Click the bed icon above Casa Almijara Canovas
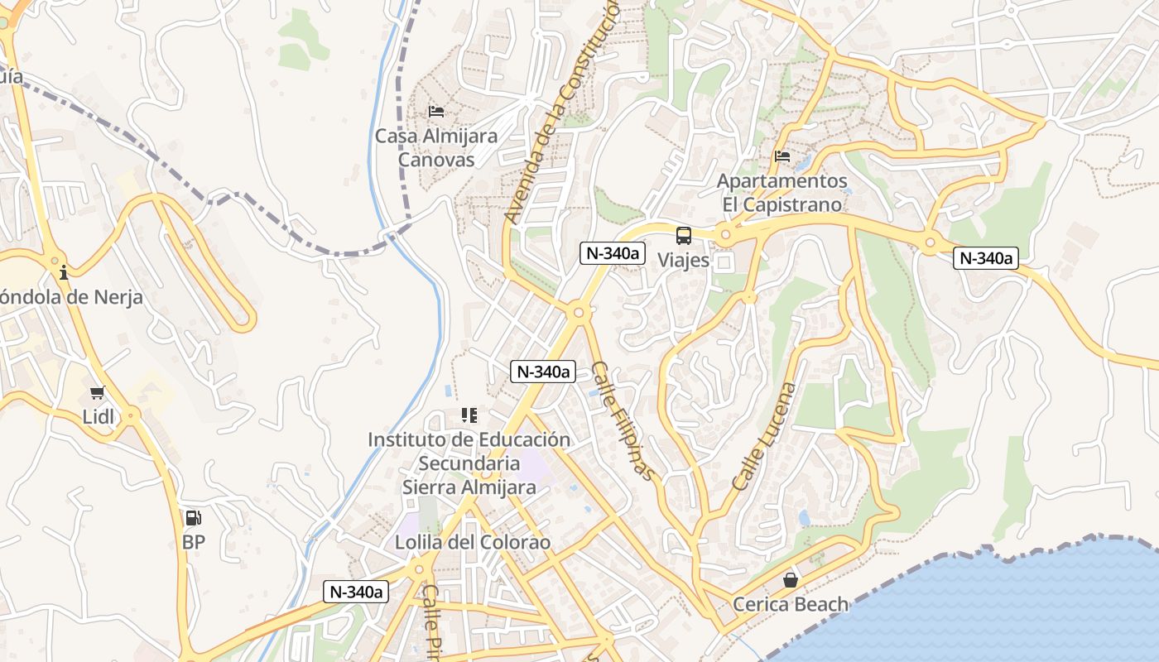point(436,112)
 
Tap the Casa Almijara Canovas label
point(436,147)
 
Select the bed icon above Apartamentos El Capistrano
point(782,156)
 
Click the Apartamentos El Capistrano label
point(782,192)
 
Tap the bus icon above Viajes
point(684,236)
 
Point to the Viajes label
point(684,260)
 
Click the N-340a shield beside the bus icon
point(613,253)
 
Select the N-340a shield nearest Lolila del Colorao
point(356,592)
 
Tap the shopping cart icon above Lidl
point(98,393)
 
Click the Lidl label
point(99,417)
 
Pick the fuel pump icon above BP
point(193,518)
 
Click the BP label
point(194,543)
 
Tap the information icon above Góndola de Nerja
point(64,271)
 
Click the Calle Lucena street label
point(764,436)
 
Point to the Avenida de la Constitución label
point(563,112)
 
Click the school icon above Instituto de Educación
point(469,415)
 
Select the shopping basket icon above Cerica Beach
point(791,580)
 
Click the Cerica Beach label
point(791,604)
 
